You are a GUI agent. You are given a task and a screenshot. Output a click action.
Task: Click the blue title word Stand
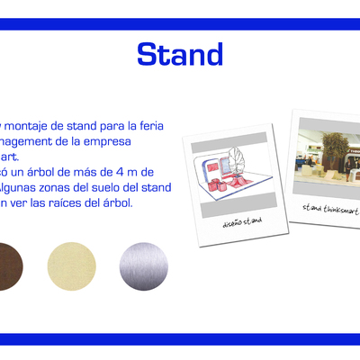tap(179, 54)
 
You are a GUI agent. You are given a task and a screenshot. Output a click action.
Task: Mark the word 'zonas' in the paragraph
tap(46, 187)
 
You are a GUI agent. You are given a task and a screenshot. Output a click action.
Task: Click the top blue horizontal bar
tap(180, 24)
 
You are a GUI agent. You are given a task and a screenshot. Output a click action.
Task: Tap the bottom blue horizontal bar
tap(180, 338)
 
